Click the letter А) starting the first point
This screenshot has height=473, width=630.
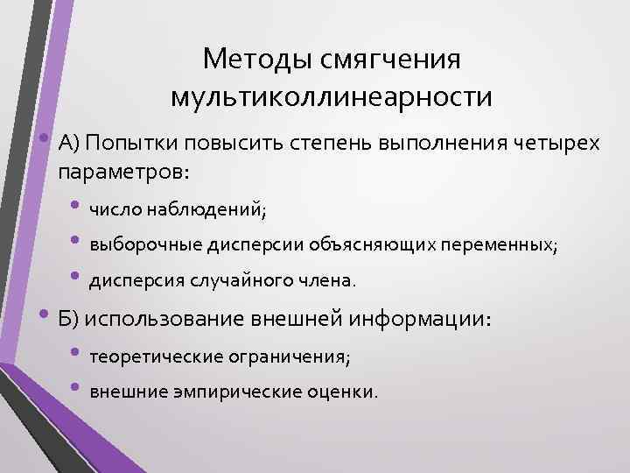[70, 144]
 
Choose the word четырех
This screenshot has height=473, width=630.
[558, 144]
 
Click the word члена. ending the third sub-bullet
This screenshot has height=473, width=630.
[330, 281]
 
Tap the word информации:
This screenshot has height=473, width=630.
[420, 318]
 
